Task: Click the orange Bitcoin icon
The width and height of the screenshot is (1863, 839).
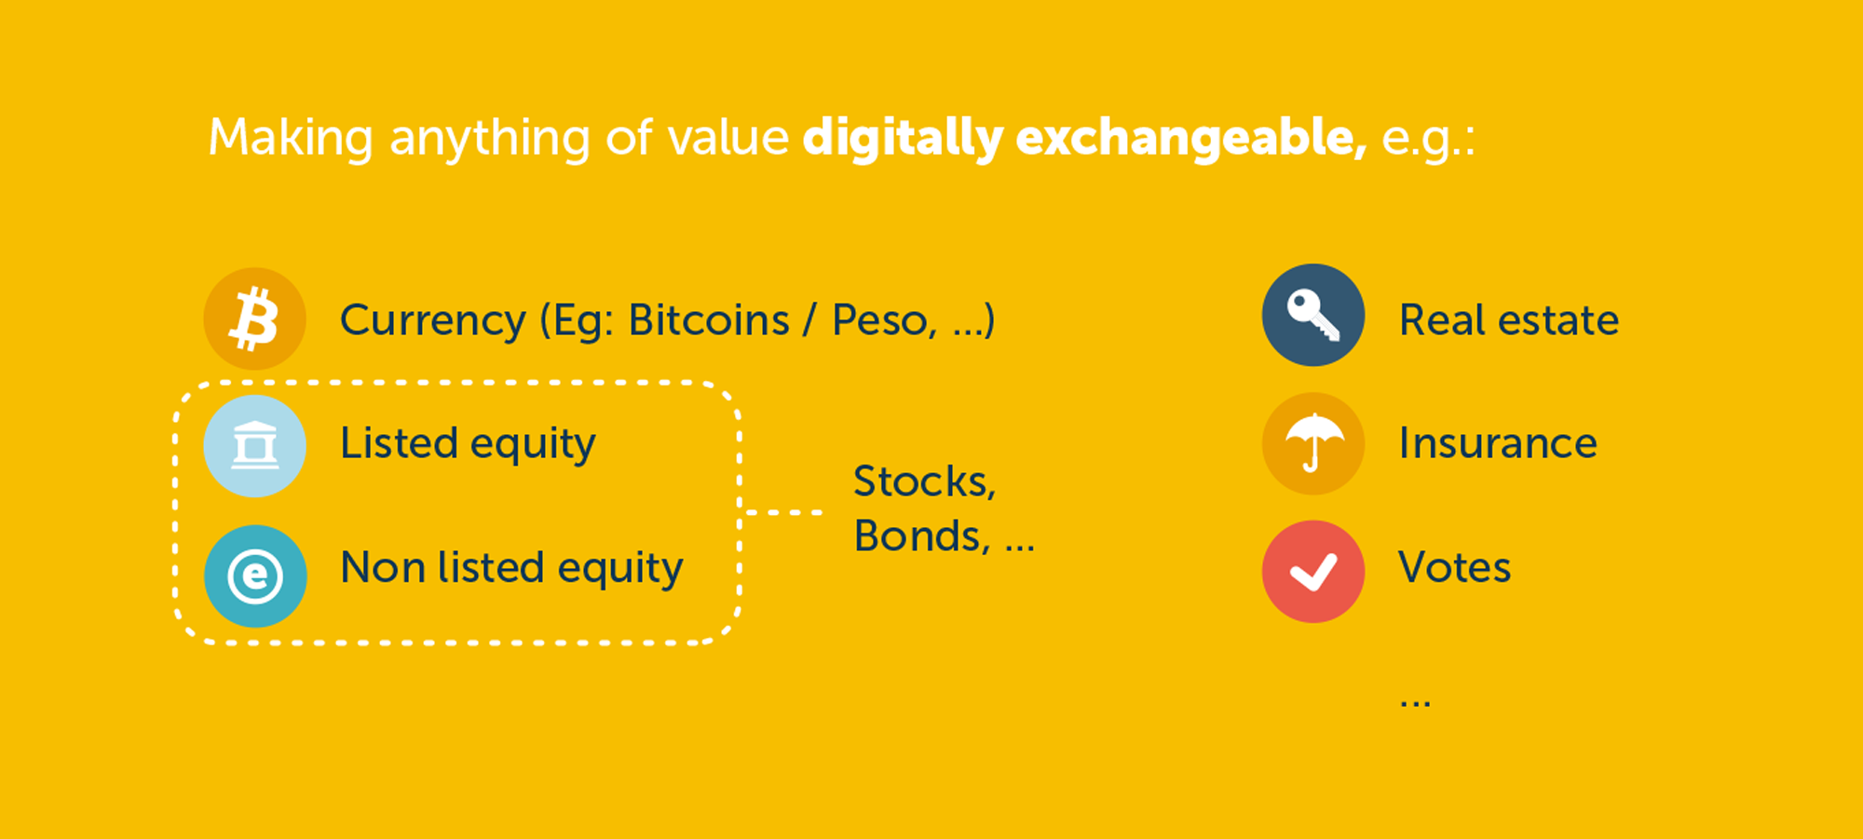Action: (254, 319)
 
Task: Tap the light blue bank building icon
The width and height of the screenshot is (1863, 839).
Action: (254, 446)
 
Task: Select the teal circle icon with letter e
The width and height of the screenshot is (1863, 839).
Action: (255, 575)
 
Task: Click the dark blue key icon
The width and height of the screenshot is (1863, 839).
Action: (1313, 315)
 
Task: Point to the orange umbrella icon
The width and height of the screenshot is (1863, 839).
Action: (1313, 443)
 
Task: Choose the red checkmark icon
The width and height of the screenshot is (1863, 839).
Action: (1313, 571)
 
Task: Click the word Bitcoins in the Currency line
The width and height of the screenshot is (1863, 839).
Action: (709, 320)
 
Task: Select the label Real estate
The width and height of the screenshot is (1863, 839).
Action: (1509, 320)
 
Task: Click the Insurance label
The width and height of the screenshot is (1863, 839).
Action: (1498, 443)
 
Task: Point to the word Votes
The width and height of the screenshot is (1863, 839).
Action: (1454, 567)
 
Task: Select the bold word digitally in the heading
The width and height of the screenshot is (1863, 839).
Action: (903, 139)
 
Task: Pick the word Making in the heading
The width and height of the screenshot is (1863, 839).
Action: (291, 139)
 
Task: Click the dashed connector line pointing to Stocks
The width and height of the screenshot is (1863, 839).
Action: (783, 512)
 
